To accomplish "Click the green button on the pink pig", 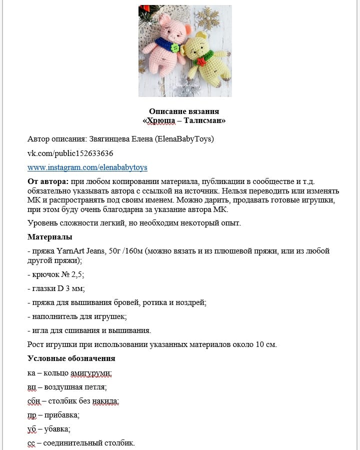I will click(x=175, y=48).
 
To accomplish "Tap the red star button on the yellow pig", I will click(x=201, y=61).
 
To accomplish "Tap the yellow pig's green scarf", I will click(x=206, y=55).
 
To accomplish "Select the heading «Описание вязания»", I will click(x=184, y=111).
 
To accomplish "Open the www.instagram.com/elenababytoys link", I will click(x=87, y=167).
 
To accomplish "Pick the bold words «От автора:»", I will click(x=48, y=181).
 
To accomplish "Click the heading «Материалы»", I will click(x=49, y=236).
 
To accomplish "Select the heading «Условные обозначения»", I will click(x=71, y=358).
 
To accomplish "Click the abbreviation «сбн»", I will click(x=33, y=401).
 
